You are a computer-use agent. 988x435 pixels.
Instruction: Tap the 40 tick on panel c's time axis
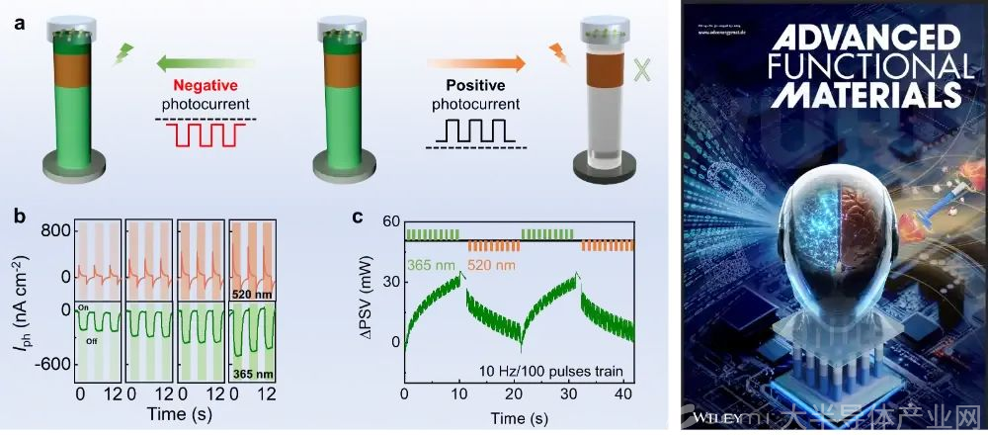pyautogui.click(x=617, y=396)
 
